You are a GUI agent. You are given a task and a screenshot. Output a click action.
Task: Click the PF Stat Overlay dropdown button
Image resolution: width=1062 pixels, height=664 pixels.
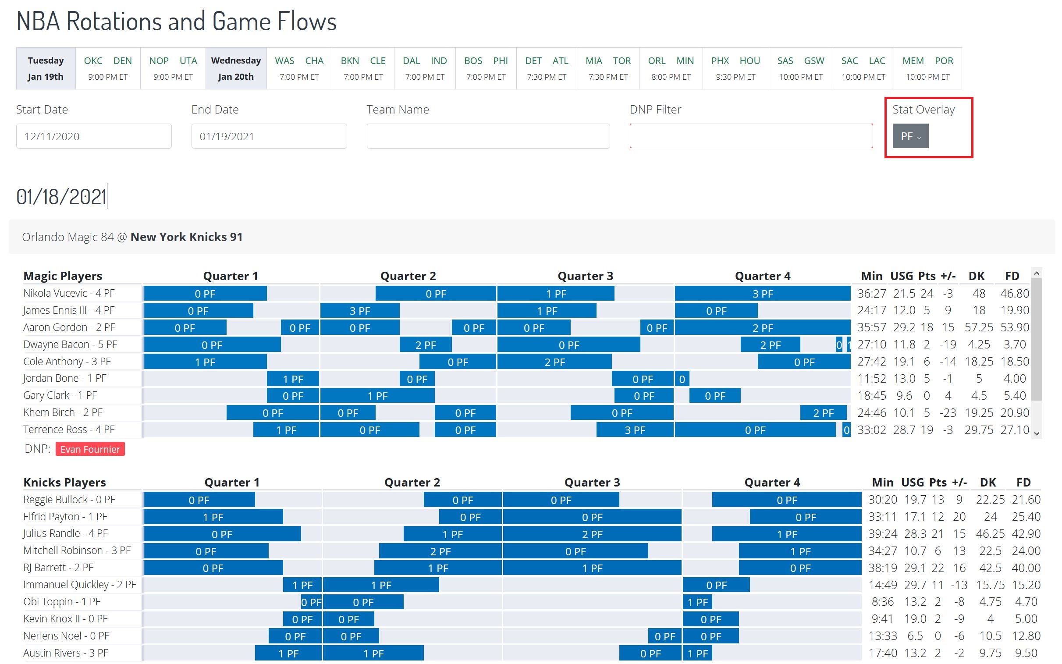click(x=910, y=136)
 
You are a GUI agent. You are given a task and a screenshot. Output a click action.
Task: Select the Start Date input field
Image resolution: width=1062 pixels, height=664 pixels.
click(x=93, y=136)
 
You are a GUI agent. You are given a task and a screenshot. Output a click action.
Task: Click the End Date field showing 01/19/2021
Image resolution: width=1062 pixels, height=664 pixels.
click(x=269, y=136)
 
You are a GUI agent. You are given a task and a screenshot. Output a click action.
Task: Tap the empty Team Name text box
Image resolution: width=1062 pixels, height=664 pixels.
click(x=488, y=136)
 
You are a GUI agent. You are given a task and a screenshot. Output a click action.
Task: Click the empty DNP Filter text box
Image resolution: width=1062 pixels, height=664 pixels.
click(x=751, y=136)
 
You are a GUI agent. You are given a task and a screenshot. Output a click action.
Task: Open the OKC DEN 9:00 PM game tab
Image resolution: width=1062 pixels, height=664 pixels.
click(x=108, y=68)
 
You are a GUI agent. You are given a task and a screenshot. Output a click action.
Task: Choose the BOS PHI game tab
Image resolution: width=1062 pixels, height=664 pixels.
click(x=486, y=68)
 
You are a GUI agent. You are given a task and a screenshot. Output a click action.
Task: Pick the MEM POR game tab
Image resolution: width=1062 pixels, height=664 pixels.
click(x=927, y=68)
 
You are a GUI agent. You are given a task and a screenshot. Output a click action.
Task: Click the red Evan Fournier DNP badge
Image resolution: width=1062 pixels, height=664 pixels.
click(x=90, y=449)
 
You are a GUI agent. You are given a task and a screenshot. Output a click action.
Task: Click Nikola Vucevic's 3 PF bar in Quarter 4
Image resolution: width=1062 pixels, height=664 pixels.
click(x=762, y=294)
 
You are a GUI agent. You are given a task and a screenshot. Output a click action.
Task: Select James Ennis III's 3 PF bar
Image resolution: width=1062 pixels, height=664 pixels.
click(x=359, y=311)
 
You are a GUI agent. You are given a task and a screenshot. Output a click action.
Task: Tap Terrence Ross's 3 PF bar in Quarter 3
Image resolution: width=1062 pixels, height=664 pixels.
click(x=634, y=430)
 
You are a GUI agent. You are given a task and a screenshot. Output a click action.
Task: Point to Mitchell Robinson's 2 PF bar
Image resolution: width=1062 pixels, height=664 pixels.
click(x=440, y=551)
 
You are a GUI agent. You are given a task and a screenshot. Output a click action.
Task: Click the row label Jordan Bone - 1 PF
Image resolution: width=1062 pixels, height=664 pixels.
click(x=64, y=379)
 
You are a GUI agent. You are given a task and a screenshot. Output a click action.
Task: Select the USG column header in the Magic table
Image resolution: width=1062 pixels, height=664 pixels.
click(x=901, y=276)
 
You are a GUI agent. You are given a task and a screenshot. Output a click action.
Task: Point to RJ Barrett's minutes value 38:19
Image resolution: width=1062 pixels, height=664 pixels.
click(x=882, y=568)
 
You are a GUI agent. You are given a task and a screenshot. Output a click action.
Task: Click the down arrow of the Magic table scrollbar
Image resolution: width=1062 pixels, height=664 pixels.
click(x=1037, y=433)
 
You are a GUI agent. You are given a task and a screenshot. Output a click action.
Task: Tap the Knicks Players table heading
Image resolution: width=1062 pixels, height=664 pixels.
click(x=64, y=483)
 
